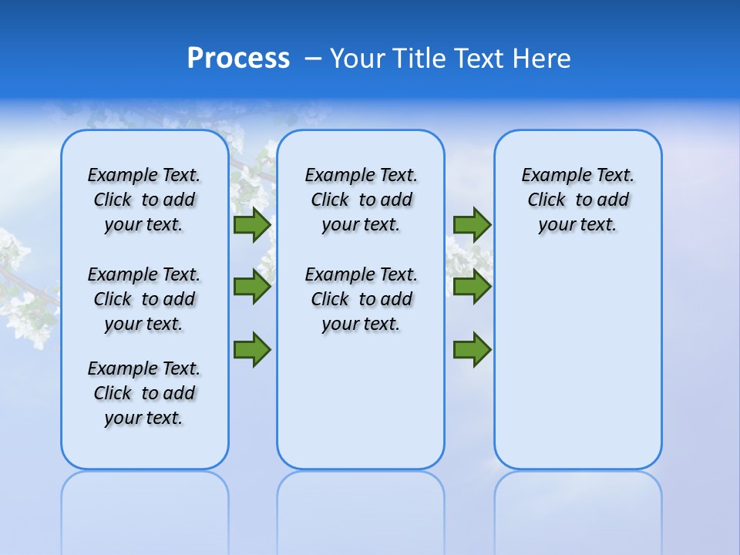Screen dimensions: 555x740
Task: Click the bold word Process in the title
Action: pyautogui.click(x=238, y=59)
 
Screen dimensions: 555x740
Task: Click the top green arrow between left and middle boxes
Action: pyautogui.click(x=252, y=225)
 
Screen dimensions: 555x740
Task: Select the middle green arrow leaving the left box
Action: pyautogui.click(x=252, y=287)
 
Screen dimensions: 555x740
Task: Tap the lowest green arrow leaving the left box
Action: pyautogui.click(x=252, y=350)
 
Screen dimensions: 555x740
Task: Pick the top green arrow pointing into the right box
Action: pyautogui.click(x=472, y=225)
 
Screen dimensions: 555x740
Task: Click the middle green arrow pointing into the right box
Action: pyautogui.click(x=472, y=287)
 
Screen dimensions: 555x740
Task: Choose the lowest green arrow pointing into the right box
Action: pyautogui.click(x=472, y=350)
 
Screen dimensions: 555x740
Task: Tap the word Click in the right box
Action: pyautogui.click(x=547, y=200)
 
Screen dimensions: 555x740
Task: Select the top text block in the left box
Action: pyautogui.click(x=144, y=200)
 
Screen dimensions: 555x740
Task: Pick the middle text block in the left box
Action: pyautogui.click(x=144, y=299)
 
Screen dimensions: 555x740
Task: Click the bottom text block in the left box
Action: pyautogui.click(x=144, y=393)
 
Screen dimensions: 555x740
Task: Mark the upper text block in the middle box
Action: pyautogui.click(x=361, y=200)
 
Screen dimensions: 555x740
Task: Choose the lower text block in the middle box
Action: pyautogui.click(x=361, y=299)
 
